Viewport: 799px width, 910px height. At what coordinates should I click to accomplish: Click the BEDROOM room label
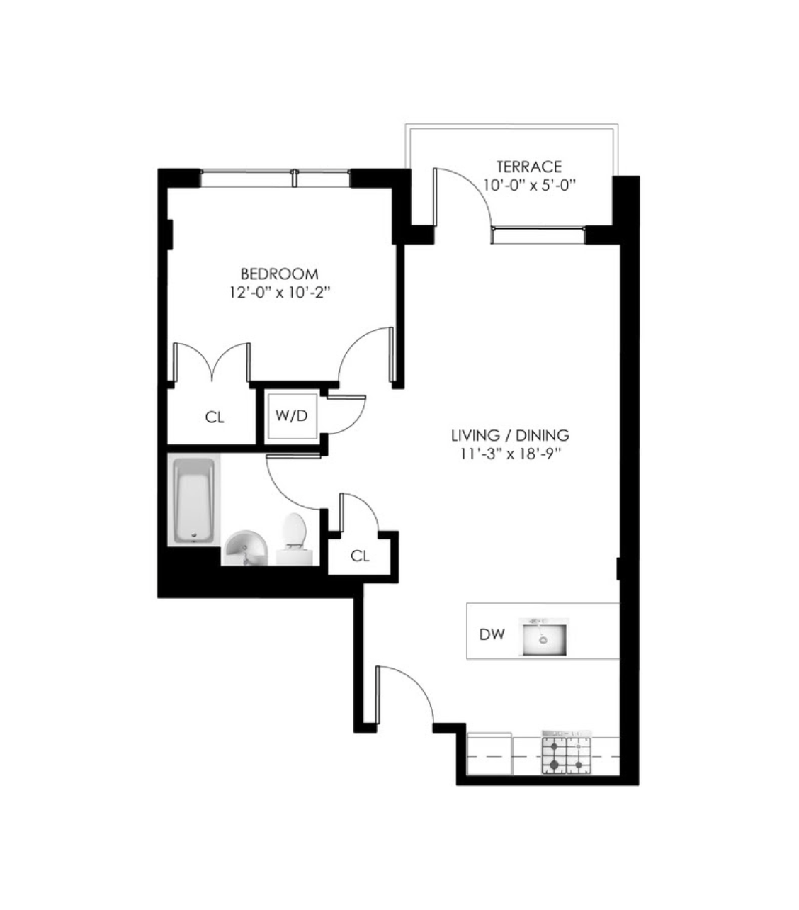pyautogui.click(x=279, y=274)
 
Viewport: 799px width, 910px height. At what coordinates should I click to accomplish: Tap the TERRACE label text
pyautogui.click(x=528, y=167)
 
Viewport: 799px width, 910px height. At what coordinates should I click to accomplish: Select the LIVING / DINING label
pyautogui.click(x=510, y=435)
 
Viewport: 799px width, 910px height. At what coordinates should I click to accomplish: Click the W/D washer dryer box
pyautogui.click(x=291, y=415)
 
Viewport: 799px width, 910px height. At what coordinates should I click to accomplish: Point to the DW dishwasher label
pyautogui.click(x=492, y=634)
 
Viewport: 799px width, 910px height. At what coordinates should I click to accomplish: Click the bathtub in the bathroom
pyautogui.click(x=193, y=500)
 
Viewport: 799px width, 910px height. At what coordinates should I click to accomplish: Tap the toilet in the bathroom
pyautogui.click(x=293, y=537)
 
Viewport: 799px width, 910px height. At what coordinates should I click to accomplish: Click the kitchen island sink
pyautogui.click(x=544, y=636)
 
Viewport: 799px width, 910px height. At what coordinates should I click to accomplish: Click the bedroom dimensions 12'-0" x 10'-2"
pyautogui.click(x=279, y=291)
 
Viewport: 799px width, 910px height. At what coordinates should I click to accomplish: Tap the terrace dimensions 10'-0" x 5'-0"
pyautogui.click(x=528, y=186)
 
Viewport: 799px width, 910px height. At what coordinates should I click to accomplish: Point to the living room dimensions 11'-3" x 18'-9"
pyautogui.click(x=510, y=454)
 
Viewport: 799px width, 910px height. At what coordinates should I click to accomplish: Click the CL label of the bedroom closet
pyautogui.click(x=215, y=417)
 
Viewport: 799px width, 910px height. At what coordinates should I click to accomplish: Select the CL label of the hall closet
pyautogui.click(x=360, y=556)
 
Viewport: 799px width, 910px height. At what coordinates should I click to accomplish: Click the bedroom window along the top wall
pyautogui.click(x=275, y=178)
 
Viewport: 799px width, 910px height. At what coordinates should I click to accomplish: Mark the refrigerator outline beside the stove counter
pyautogui.click(x=490, y=753)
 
